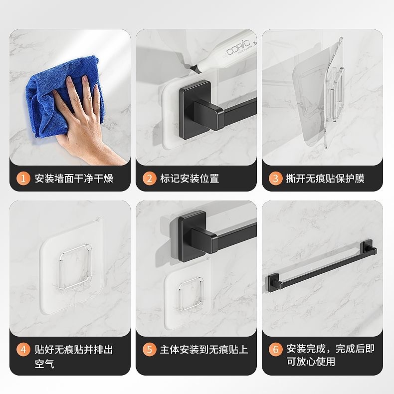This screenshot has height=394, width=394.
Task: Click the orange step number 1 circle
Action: point(22,178)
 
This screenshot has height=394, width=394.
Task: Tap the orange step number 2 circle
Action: point(149,178)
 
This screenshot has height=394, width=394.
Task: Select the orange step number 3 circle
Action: point(275,178)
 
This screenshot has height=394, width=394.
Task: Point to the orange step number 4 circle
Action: point(22,349)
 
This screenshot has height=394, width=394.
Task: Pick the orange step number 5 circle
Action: point(149,349)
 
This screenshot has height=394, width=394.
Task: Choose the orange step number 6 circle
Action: point(275,349)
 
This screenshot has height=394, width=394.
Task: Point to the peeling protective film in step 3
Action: point(304,100)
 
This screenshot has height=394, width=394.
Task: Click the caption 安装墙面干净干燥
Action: point(74,178)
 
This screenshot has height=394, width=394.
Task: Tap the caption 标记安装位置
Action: point(190,178)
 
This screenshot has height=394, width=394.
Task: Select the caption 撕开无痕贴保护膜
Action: point(325,178)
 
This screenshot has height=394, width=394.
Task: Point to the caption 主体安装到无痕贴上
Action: point(203,349)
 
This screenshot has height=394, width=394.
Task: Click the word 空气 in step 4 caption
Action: point(44,364)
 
